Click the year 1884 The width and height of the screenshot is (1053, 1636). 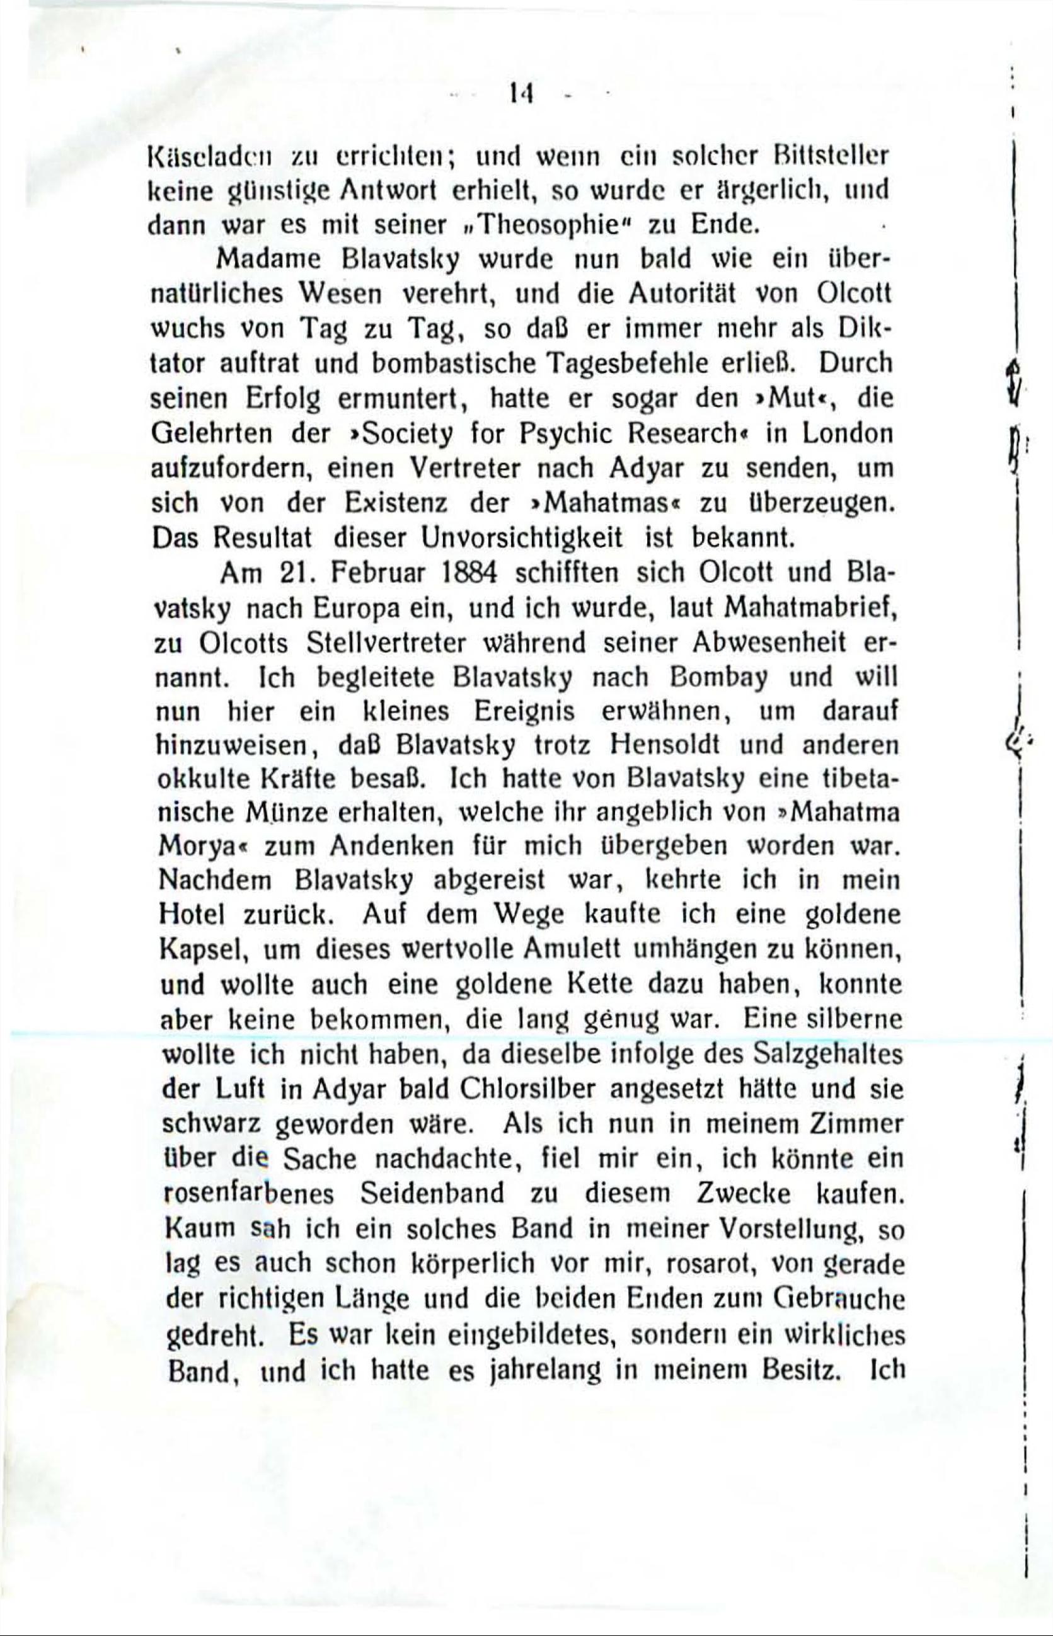coord(473,573)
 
